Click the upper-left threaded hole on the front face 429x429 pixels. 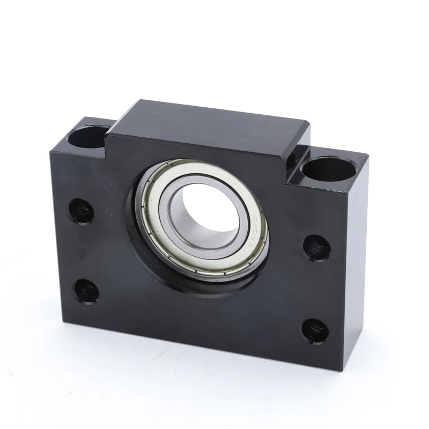[82, 211]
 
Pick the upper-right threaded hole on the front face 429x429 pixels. [316, 247]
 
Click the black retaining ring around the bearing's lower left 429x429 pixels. [145, 252]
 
